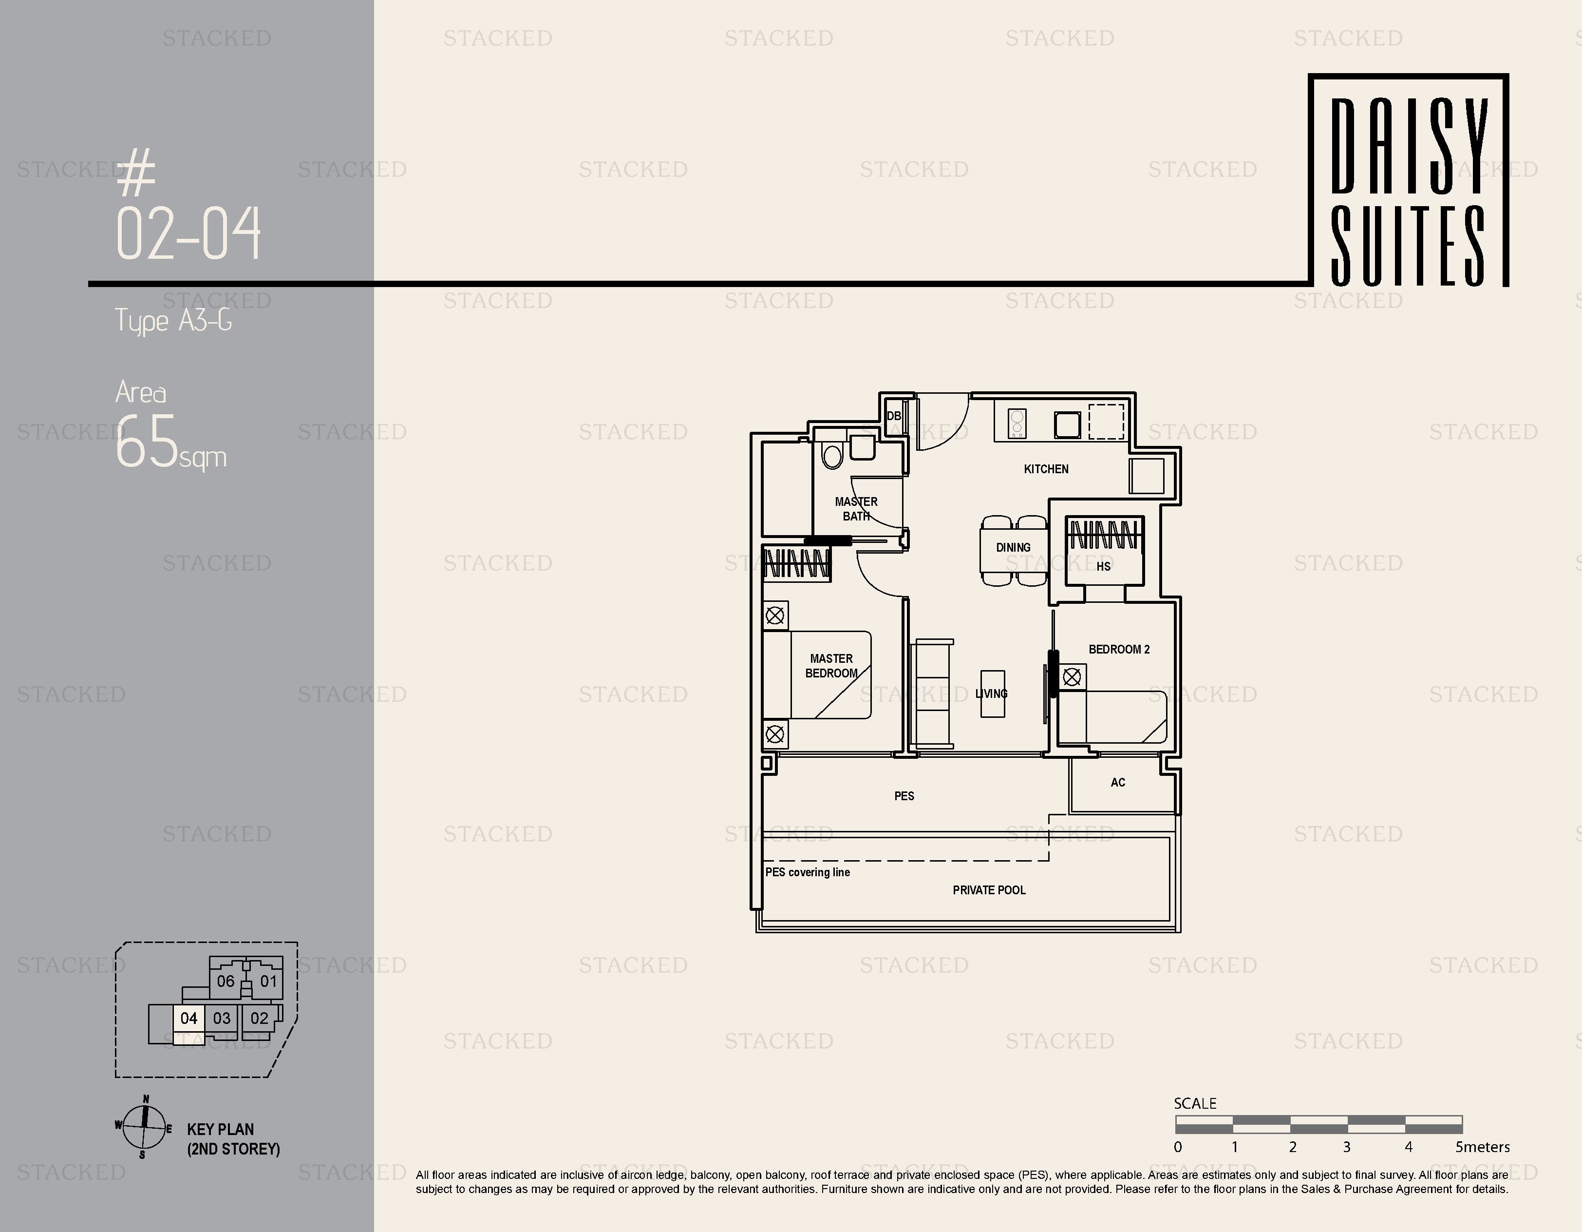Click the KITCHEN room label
point(1046,469)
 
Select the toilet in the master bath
point(833,456)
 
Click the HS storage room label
point(1103,566)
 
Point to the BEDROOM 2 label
point(1119,649)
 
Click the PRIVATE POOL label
point(989,890)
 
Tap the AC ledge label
point(1118,782)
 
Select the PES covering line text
point(808,872)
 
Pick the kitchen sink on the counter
point(1067,424)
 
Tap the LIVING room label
point(991,693)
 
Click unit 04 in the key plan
point(188,1018)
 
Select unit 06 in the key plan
point(226,981)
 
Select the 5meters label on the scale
point(1482,1147)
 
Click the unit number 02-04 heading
point(188,232)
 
